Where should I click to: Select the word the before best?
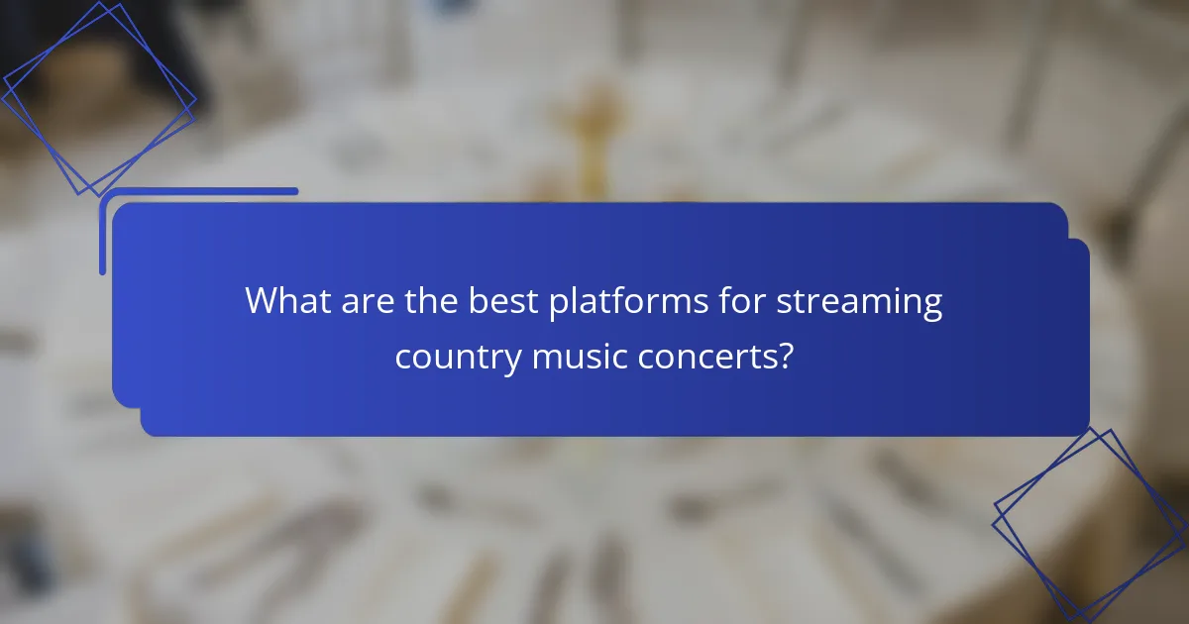tap(431, 300)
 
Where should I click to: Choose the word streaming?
tap(859, 302)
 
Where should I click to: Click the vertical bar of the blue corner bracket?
tap(102, 234)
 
